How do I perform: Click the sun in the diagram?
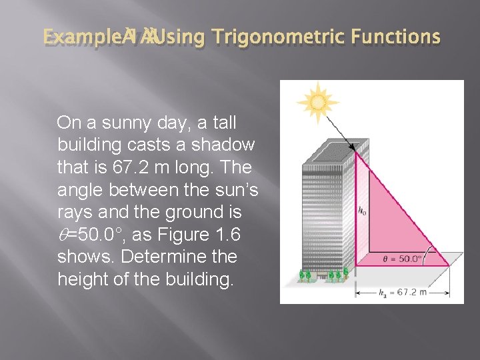tap(318, 102)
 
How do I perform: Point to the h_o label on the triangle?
tap(362, 211)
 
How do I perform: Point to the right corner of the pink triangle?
tap(448, 265)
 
